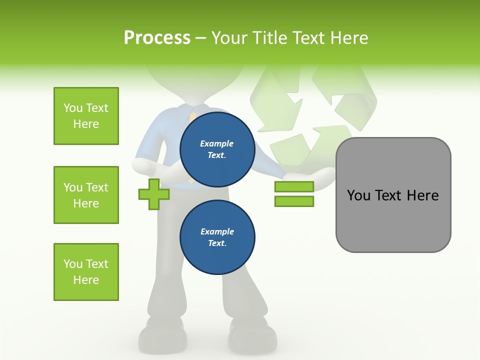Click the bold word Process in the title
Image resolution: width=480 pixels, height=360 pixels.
pyautogui.click(x=157, y=38)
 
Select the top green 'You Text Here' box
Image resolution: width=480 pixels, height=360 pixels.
pyautogui.click(x=86, y=116)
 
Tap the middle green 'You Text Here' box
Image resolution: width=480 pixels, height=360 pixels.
pyautogui.click(x=86, y=195)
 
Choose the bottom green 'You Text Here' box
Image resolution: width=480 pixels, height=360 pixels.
pyautogui.click(x=86, y=272)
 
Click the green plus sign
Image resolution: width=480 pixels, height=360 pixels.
pyautogui.click(x=154, y=194)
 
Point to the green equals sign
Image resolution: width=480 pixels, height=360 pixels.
pyautogui.click(x=294, y=194)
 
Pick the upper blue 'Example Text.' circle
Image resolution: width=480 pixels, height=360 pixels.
pyautogui.click(x=217, y=149)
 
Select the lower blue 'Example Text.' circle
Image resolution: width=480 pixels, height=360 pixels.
pyautogui.click(x=217, y=237)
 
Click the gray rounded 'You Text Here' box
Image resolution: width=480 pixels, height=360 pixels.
pyautogui.click(x=393, y=195)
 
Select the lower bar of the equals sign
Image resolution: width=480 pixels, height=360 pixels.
pyautogui.click(x=294, y=201)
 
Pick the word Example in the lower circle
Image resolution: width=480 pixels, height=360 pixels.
pyautogui.click(x=217, y=231)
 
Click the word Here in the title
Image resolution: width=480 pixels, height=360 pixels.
pyautogui.click(x=349, y=38)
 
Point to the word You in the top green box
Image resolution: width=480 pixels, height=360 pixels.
pyautogui.click(x=73, y=108)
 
